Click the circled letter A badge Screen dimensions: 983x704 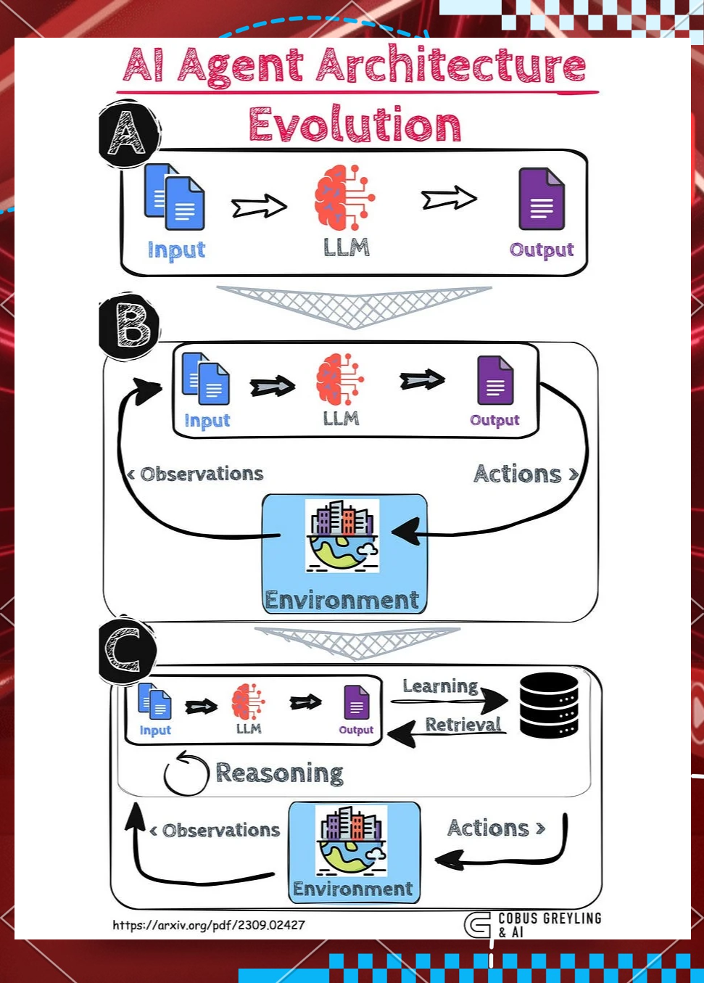coord(128,133)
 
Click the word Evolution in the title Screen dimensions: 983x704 coord(355,125)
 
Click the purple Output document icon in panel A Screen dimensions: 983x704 coord(542,199)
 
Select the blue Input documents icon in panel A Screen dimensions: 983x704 coord(174,196)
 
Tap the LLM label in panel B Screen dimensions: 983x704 coord(341,419)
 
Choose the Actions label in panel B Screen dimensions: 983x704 coord(518,474)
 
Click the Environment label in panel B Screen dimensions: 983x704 coord(342,600)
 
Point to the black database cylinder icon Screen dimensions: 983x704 coord(549,705)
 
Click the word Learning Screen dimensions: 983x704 coord(440,686)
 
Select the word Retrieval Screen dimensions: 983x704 coord(463,725)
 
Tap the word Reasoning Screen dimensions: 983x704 coord(279,773)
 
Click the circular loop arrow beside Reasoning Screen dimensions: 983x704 coord(186,773)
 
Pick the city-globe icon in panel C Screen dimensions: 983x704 coord(352,840)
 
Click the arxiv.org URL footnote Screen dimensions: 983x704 coord(209,925)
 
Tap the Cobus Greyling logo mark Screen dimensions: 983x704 coord(478,925)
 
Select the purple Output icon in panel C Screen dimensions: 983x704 coord(356,702)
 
